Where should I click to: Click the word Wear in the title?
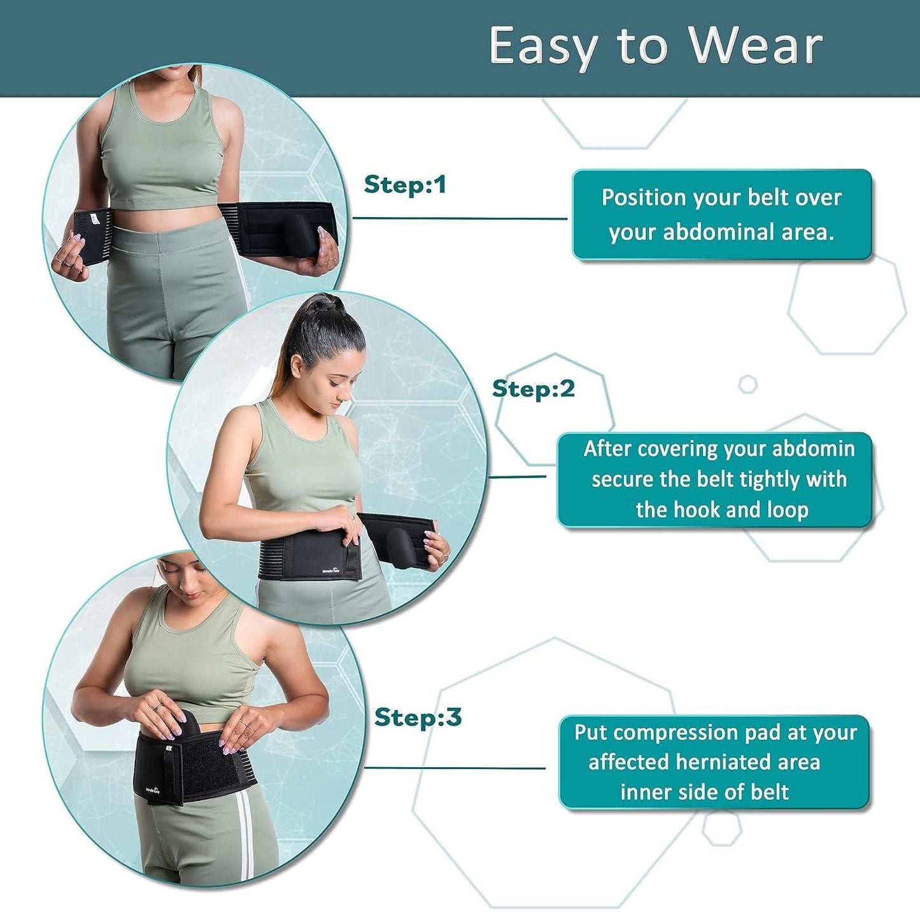pyautogui.click(x=756, y=46)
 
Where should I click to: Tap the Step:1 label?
pyautogui.click(x=405, y=185)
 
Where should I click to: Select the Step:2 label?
pyautogui.click(x=534, y=388)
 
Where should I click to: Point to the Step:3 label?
pyautogui.click(x=418, y=717)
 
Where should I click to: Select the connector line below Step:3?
pyautogui.click(x=455, y=768)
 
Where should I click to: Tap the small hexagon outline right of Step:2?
pyautogui.click(x=747, y=384)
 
